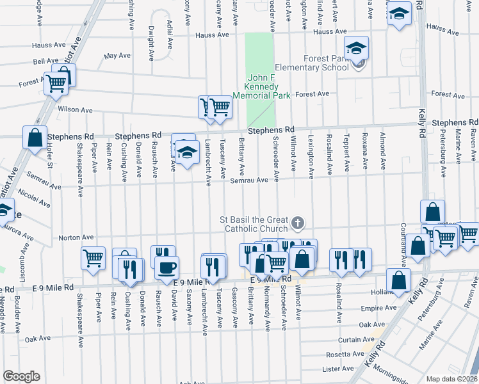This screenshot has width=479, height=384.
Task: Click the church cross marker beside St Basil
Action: (296, 223)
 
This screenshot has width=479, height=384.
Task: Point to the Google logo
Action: (21, 376)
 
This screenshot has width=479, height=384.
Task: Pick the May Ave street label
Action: (117, 56)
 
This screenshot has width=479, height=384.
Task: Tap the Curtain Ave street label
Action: (351, 340)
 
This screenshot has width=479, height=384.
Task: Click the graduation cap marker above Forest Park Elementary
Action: (356, 47)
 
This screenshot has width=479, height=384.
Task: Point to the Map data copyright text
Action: (452, 379)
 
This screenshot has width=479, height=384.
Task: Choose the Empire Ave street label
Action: (371, 308)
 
